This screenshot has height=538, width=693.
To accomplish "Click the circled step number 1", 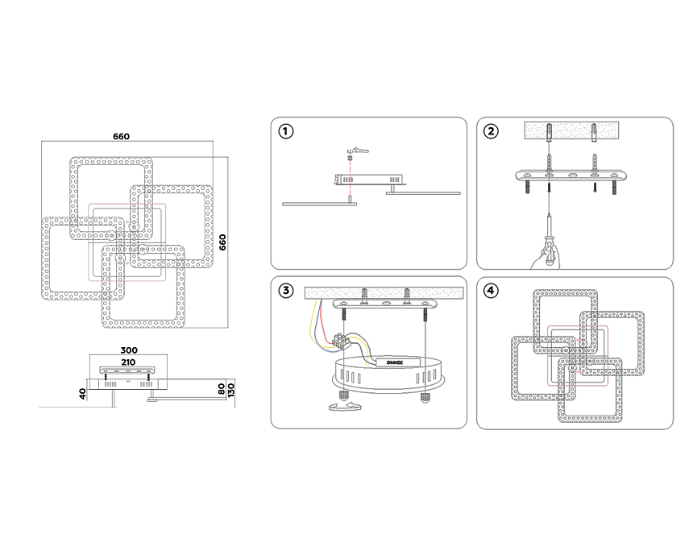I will tap(285, 130).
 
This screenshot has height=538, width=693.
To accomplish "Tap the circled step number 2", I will tap(492, 130).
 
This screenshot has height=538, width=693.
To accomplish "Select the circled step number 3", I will tap(285, 291).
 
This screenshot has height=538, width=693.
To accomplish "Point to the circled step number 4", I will tap(492, 291).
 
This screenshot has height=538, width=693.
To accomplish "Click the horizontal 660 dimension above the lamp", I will tap(122, 136).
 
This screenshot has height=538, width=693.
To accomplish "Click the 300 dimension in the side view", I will tap(129, 350).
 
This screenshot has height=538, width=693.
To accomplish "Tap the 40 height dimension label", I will tap(82, 394).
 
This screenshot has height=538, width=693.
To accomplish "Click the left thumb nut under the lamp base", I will tap(344, 395).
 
